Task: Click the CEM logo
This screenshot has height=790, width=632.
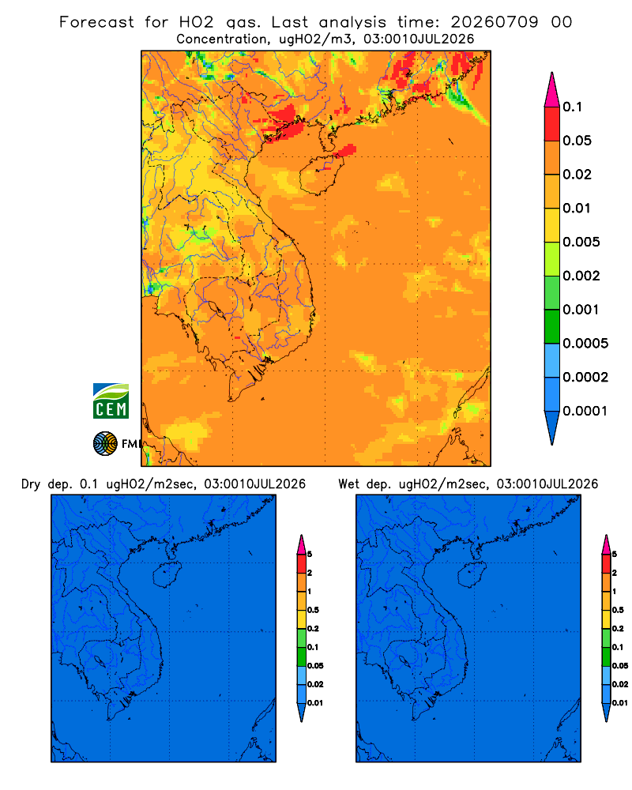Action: (111, 401)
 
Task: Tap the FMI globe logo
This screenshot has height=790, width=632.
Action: (105, 443)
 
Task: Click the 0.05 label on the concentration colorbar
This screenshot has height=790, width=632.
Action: (577, 141)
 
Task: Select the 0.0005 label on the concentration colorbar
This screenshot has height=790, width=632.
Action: (585, 344)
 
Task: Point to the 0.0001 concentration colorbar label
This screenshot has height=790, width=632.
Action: (585, 411)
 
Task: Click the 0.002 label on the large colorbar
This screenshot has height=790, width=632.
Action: (581, 276)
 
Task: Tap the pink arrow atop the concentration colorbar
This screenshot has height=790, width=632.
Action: (552, 90)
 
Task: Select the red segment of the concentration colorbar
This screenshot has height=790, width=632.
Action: (552, 124)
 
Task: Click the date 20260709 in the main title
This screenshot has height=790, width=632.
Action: (495, 22)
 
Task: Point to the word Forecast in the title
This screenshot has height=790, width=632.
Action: (96, 22)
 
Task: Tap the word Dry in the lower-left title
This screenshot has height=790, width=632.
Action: (31, 484)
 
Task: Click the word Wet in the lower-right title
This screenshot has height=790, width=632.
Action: (348, 484)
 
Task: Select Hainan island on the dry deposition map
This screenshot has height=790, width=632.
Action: (167, 575)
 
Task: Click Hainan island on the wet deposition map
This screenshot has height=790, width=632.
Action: (472, 575)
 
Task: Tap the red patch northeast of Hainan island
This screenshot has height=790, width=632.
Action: (346, 150)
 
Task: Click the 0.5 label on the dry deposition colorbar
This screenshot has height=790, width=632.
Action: (313, 610)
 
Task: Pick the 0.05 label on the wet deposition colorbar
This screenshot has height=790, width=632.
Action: (620, 666)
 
